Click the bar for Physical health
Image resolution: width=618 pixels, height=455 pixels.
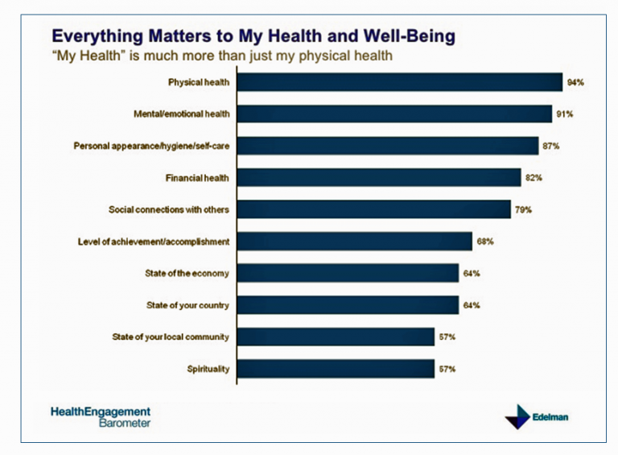(x=400, y=82)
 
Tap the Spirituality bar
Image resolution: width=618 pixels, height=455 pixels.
(x=336, y=369)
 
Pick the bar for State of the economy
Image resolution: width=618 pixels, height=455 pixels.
(x=348, y=273)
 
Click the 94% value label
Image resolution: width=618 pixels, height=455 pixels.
(x=574, y=83)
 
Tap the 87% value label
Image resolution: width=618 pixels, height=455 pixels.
(x=550, y=147)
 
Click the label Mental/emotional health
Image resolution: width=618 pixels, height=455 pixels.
(x=181, y=114)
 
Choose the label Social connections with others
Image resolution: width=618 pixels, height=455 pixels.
(x=169, y=210)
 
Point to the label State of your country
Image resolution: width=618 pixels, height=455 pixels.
(x=187, y=305)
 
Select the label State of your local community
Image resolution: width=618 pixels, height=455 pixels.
(x=170, y=337)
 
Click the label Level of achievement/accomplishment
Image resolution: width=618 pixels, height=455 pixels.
(x=154, y=242)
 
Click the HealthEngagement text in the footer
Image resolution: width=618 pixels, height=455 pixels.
(x=100, y=411)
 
